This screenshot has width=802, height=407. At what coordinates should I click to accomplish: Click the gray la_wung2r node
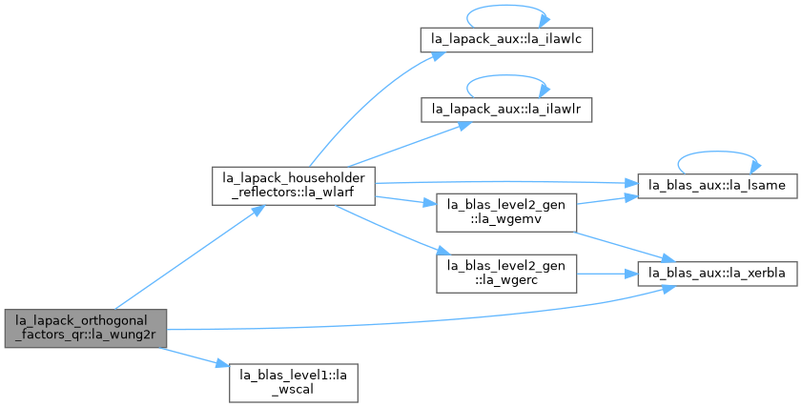86,328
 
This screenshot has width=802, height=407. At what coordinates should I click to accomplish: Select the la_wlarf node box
294,186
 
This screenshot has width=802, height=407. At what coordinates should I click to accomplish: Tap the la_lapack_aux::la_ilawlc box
506,39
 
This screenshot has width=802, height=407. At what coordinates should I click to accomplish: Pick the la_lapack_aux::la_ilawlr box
506,110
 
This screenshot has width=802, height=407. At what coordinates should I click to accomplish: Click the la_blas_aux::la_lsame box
717,186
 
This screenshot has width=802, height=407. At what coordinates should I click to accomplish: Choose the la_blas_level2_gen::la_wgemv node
506,213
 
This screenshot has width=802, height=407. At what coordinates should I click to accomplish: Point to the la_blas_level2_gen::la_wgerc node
506,274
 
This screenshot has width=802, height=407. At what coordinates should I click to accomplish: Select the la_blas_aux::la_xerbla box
717,274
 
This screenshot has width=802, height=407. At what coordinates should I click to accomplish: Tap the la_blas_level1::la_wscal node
293,383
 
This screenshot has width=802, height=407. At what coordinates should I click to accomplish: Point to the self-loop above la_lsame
719,152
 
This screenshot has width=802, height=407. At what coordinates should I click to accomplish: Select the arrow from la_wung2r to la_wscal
194,356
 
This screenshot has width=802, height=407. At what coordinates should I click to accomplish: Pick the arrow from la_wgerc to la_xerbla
607,275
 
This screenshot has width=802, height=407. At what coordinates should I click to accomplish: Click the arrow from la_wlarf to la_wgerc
393,230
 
